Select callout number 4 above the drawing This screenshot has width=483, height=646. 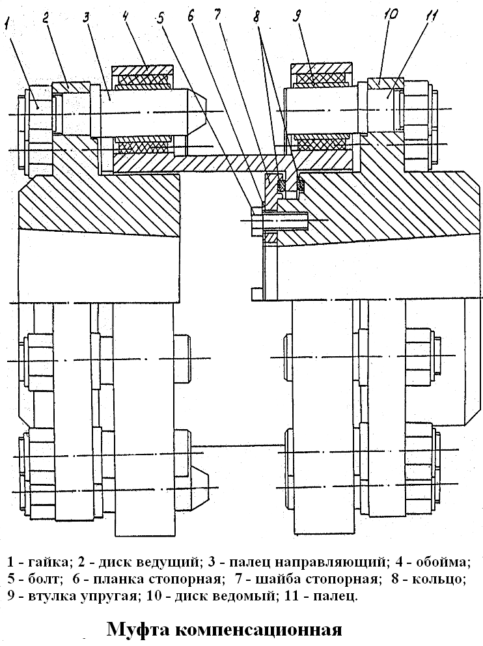pyautogui.click(x=126, y=18)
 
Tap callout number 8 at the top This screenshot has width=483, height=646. pyautogui.click(x=257, y=18)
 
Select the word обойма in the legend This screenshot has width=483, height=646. pyautogui.click(x=443, y=562)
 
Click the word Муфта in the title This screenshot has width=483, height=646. pyautogui.click(x=139, y=630)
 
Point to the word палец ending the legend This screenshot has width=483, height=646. pyautogui.click(x=335, y=597)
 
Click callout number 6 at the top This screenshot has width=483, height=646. pyautogui.click(x=191, y=18)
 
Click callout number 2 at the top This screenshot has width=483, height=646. pyautogui.click(x=46, y=18)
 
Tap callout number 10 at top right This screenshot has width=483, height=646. pyautogui.click(x=391, y=16)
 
